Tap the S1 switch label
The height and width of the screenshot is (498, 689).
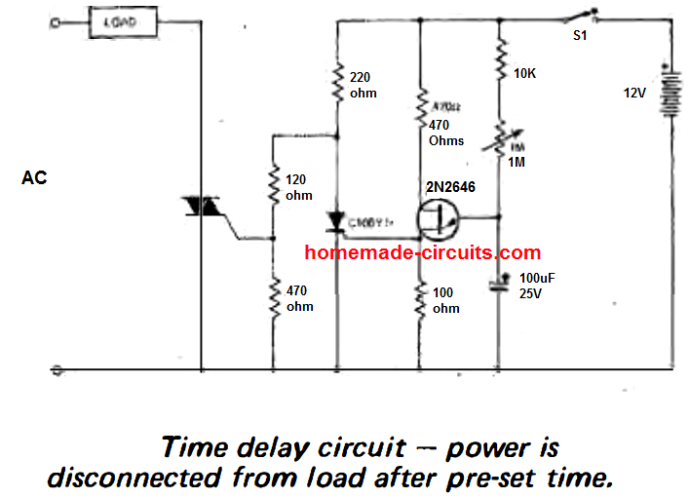pos(579,36)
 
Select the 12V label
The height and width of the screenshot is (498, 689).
pos(635,95)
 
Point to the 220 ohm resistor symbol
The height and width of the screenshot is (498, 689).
pos(337,82)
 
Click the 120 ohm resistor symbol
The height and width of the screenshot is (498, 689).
pos(274,185)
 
